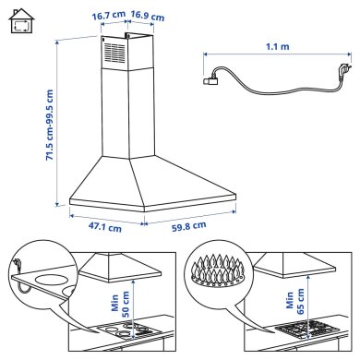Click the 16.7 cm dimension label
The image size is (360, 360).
click(109, 17)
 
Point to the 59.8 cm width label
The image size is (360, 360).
click(186, 225)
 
